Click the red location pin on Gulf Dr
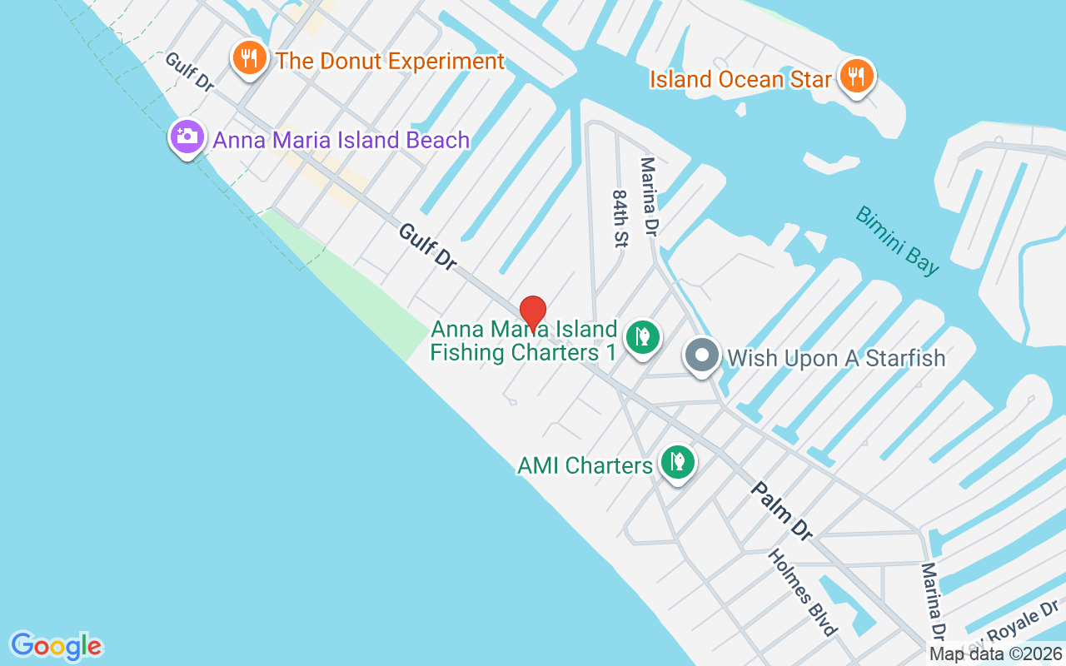[x=533, y=313]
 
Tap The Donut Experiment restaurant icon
[x=249, y=58]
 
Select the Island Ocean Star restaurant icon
[x=855, y=77]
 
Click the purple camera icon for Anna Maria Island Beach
[x=187, y=137]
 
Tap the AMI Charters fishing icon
[x=678, y=461]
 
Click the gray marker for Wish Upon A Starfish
[x=702, y=356]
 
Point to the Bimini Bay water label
[x=897, y=241]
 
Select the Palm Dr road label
[x=781, y=511]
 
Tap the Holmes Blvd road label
[x=801, y=593]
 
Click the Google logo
[x=56, y=646]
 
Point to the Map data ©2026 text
[x=996, y=654]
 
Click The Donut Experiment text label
[x=390, y=61]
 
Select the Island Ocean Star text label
[x=740, y=79]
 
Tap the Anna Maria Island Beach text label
[x=341, y=140]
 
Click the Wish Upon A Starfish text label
[x=836, y=359]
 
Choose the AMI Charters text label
[x=585, y=465]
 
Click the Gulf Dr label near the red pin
[x=427, y=246]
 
